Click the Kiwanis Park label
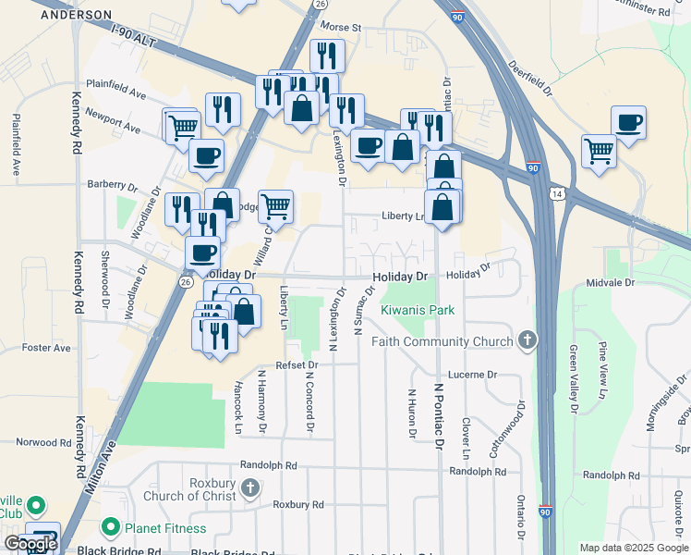coord(418,311)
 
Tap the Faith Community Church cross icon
coord(527,341)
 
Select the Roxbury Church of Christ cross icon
coord(249,487)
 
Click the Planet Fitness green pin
coord(111,528)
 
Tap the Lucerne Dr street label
coord(473,375)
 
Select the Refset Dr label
coord(296,365)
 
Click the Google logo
coord(30,544)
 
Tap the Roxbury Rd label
coord(298,505)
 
